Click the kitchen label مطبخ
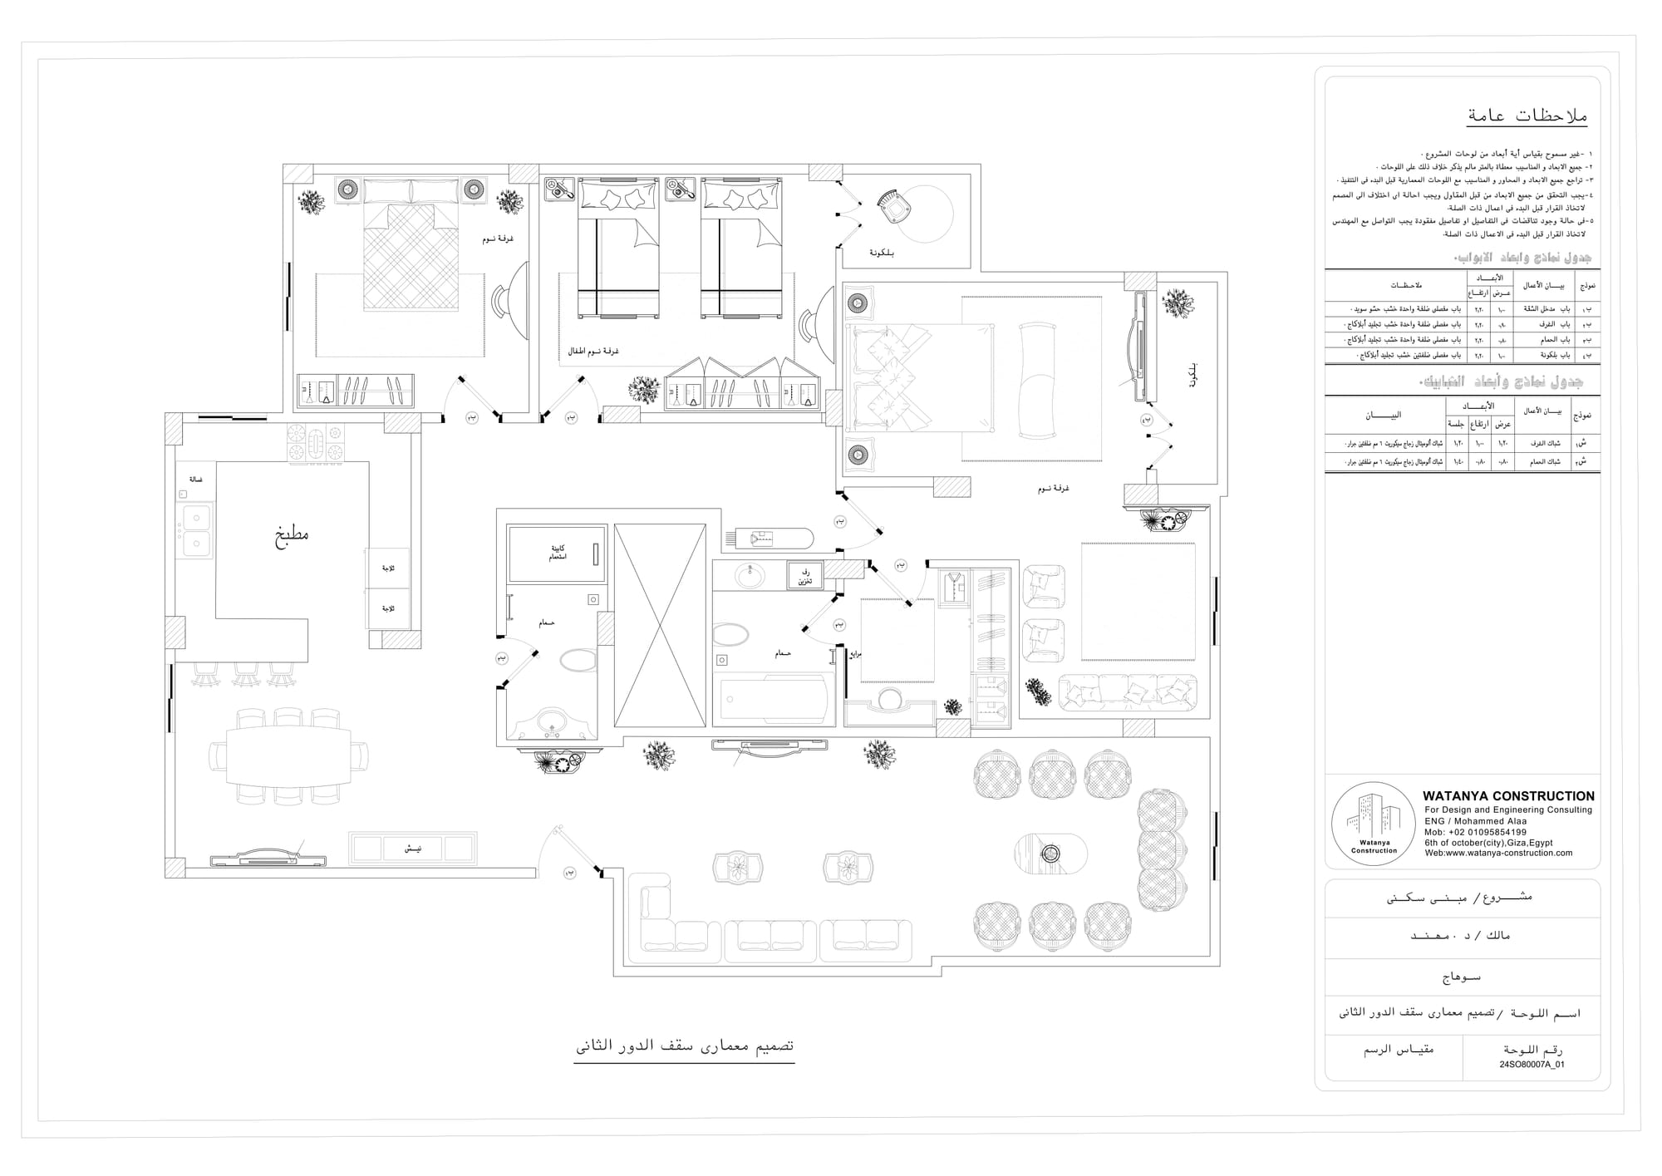[x=292, y=533]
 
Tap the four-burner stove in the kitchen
[x=315, y=443]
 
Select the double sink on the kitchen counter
[x=196, y=531]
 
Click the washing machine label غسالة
[x=196, y=480]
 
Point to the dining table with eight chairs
[x=288, y=755]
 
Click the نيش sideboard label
[x=412, y=849]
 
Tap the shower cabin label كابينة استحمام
[x=558, y=553]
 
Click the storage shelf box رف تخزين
[x=805, y=576]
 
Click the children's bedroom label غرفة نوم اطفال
[x=593, y=352]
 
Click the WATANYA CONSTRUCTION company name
[x=1508, y=795]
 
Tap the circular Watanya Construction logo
[x=1373, y=824]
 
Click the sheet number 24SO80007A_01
[x=1532, y=1064]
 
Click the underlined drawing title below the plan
[x=684, y=1046]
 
